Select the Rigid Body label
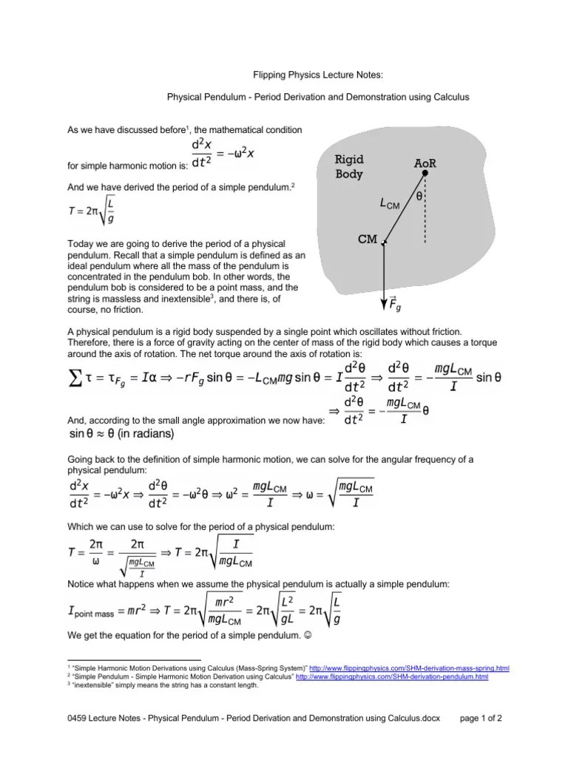coord(350,167)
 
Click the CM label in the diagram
coord(368,240)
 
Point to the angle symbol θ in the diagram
coord(419,197)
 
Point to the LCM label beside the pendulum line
coord(388,203)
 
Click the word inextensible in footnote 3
coord(95,685)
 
